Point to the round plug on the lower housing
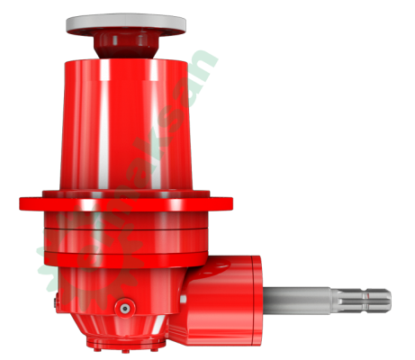coord(122,308)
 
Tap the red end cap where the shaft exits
coord(257,295)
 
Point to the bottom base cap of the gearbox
coord(122,342)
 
